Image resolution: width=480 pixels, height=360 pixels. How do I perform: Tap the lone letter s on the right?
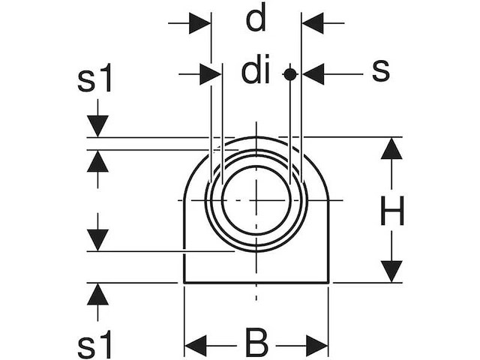tap(381, 70)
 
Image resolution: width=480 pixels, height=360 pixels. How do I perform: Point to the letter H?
tap(392, 211)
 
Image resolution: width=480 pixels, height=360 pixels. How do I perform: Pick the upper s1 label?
tap(94, 78)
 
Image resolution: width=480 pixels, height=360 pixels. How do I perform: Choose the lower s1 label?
tap(94, 345)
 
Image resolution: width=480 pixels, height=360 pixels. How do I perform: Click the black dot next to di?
tap(290, 74)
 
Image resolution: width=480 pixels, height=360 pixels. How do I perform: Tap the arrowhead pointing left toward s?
tap(313, 74)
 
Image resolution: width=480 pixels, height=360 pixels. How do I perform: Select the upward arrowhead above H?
tap(391, 148)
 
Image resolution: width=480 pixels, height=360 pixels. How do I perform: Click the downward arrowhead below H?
tap(391, 271)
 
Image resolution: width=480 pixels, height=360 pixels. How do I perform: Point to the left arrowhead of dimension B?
tap(196, 346)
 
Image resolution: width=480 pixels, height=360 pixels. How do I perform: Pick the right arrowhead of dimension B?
tap(317, 346)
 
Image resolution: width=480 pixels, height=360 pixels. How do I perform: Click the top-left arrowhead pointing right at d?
tap(199, 23)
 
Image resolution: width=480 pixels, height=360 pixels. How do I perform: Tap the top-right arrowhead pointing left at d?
tap(313, 23)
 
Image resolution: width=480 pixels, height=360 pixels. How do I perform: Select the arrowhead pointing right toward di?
tap(210, 74)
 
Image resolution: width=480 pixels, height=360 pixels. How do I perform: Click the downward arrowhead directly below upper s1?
tap(97, 126)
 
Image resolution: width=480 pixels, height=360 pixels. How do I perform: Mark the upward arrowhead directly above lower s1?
tap(97, 295)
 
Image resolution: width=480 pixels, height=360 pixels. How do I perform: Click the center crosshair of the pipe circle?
tap(256, 200)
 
